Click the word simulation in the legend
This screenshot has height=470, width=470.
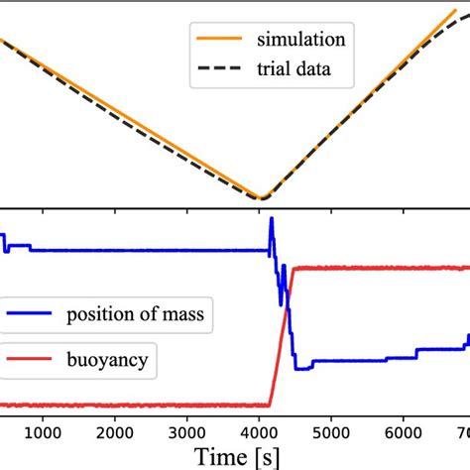point(300,40)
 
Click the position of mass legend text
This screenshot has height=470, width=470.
point(136,316)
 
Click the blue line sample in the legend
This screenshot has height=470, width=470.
point(30,317)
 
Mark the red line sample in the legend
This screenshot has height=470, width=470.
point(30,361)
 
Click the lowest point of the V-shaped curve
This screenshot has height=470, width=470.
point(261,198)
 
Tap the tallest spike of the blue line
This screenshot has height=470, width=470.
point(272,218)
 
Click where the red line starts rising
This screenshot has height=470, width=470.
point(269,404)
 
